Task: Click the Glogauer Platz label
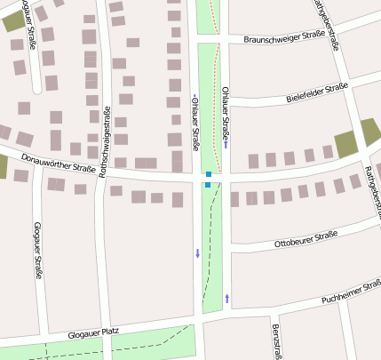93,334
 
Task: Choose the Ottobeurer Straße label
306,238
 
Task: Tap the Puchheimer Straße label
352,291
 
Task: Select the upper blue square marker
209,174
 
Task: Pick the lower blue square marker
208,185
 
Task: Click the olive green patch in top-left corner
13,21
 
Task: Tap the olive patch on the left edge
3,166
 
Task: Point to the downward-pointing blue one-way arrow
197,254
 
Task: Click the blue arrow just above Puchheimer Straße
227,298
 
